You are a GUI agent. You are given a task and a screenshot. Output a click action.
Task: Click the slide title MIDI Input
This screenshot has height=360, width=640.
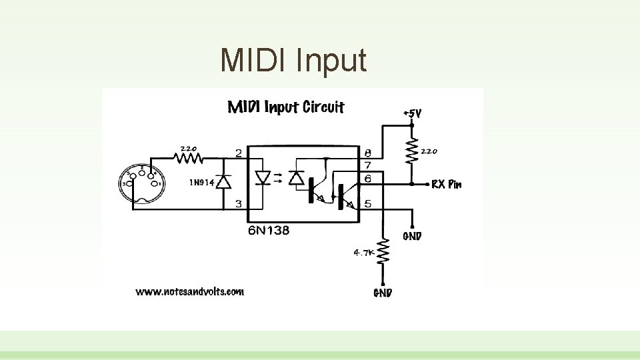293,60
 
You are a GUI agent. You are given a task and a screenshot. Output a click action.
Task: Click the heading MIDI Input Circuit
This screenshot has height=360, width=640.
286,107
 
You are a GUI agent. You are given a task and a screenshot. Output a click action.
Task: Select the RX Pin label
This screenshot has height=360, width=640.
446,185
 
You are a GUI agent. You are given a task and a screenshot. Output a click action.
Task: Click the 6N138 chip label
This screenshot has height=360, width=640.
268,231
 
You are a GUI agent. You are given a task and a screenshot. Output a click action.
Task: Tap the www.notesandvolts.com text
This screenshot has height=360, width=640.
190,291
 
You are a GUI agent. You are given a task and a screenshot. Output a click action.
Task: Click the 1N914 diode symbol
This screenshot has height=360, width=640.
225,181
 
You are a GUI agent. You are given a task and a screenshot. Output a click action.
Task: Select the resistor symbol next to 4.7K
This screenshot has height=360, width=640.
383,253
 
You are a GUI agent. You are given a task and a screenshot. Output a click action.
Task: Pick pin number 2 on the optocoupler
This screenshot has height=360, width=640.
238,153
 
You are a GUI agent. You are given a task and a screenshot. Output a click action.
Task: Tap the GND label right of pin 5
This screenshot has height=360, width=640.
412,236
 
